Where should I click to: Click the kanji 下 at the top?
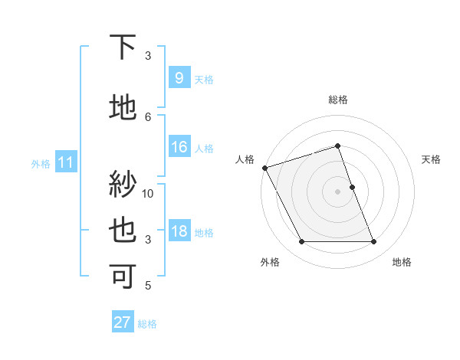(123, 47)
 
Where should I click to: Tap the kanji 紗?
(123, 184)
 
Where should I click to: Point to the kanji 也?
(123, 231)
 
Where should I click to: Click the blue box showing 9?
(179, 78)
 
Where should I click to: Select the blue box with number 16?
(179, 147)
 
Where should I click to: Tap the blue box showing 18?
(179, 232)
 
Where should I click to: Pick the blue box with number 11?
(66, 162)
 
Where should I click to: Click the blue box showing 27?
(122, 322)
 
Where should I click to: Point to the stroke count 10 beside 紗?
(148, 193)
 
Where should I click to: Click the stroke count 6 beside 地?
(148, 116)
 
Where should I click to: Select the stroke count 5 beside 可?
(148, 286)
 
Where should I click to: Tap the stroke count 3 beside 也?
(148, 240)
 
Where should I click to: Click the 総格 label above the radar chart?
(337, 100)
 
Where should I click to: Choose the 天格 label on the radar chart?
(431, 159)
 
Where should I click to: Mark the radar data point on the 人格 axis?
(264, 168)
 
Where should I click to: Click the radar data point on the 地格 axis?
(373, 242)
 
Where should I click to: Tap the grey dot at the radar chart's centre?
(337, 191)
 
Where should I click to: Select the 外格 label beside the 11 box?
(40, 163)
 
